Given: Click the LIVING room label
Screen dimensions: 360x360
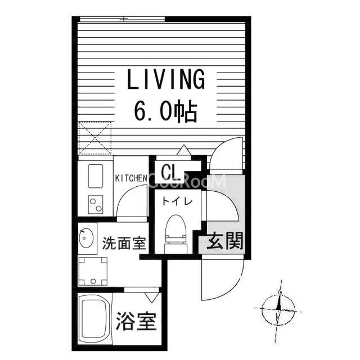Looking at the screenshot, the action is (166, 79).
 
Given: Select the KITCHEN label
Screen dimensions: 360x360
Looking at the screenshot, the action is (131, 178).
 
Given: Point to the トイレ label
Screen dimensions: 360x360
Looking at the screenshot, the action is (177, 201).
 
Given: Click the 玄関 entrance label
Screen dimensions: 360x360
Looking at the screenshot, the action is (225, 241).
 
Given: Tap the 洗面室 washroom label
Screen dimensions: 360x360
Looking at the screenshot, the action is (124, 243).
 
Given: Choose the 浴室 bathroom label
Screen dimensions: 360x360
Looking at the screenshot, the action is (136, 321).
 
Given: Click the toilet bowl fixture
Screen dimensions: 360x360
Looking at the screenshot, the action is (175, 234).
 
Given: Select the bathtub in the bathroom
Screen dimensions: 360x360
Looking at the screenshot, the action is (94, 319).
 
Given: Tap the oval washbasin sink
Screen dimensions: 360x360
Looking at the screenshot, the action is (86, 238).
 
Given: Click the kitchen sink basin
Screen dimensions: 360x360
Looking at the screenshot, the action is (96, 176).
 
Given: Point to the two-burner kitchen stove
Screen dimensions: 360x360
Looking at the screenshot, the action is (96, 205).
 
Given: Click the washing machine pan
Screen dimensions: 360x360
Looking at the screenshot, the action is (93, 271).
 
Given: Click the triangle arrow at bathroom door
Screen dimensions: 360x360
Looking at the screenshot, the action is (152, 298).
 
